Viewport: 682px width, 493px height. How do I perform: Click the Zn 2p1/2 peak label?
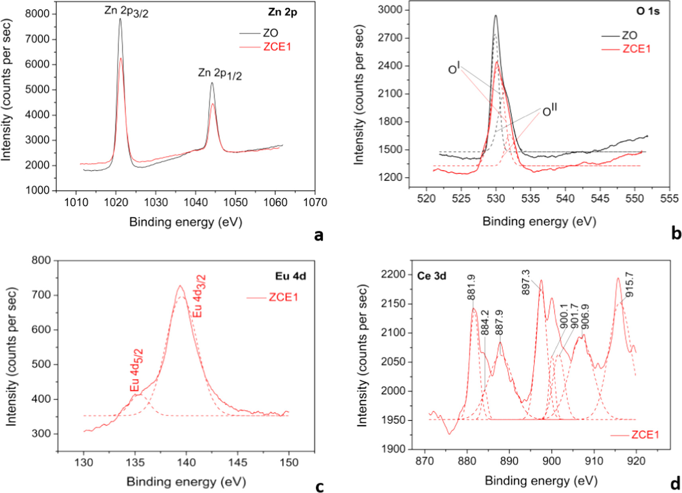[220, 73]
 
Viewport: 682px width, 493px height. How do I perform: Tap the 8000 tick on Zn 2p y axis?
[37, 14]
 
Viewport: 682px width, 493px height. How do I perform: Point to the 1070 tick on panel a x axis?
[315, 203]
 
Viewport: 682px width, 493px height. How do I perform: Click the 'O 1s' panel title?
[648, 11]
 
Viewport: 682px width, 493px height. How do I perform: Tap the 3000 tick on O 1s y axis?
[390, 10]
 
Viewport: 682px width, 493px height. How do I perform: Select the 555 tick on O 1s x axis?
[669, 199]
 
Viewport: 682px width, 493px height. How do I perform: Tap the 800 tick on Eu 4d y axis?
[41, 260]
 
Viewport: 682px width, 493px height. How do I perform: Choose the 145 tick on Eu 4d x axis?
[238, 463]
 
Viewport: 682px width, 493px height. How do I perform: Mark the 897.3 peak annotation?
[526, 282]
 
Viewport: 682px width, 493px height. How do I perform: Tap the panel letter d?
[675, 483]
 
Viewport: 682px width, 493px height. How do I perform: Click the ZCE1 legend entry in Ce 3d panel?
[645, 435]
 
